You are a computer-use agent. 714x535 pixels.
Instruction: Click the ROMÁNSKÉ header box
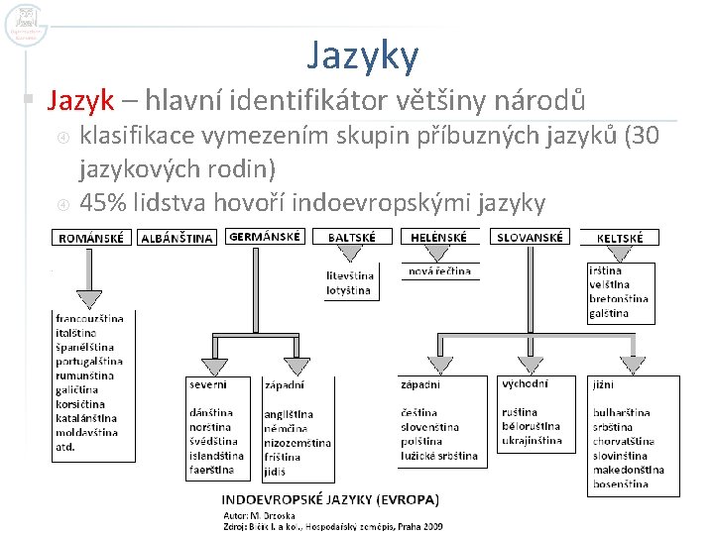click(x=92, y=238)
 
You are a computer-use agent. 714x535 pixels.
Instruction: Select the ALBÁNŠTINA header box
click(x=178, y=238)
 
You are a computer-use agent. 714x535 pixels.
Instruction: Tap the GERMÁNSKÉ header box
click(x=266, y=237)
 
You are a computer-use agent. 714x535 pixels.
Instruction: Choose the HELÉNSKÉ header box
click(x=439, y=238)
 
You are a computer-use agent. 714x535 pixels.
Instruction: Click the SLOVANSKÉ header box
click(x=530, y=238)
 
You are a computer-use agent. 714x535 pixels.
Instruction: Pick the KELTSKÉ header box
click(x=620, y=238)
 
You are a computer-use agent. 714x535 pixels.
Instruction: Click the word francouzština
click(x=89, y=319)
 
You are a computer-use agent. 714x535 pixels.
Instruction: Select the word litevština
click(x=350, y=275)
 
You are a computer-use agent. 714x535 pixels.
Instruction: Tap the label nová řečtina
click(x=439, y=271)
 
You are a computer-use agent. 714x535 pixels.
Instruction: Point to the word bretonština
click(x=619, y=298)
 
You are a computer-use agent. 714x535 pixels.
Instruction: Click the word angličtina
click(x=289, y=414)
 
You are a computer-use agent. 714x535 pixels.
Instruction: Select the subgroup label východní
click(x=525, y=383)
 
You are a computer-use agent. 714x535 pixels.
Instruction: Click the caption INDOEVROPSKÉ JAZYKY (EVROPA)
click(x=330, y=499)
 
